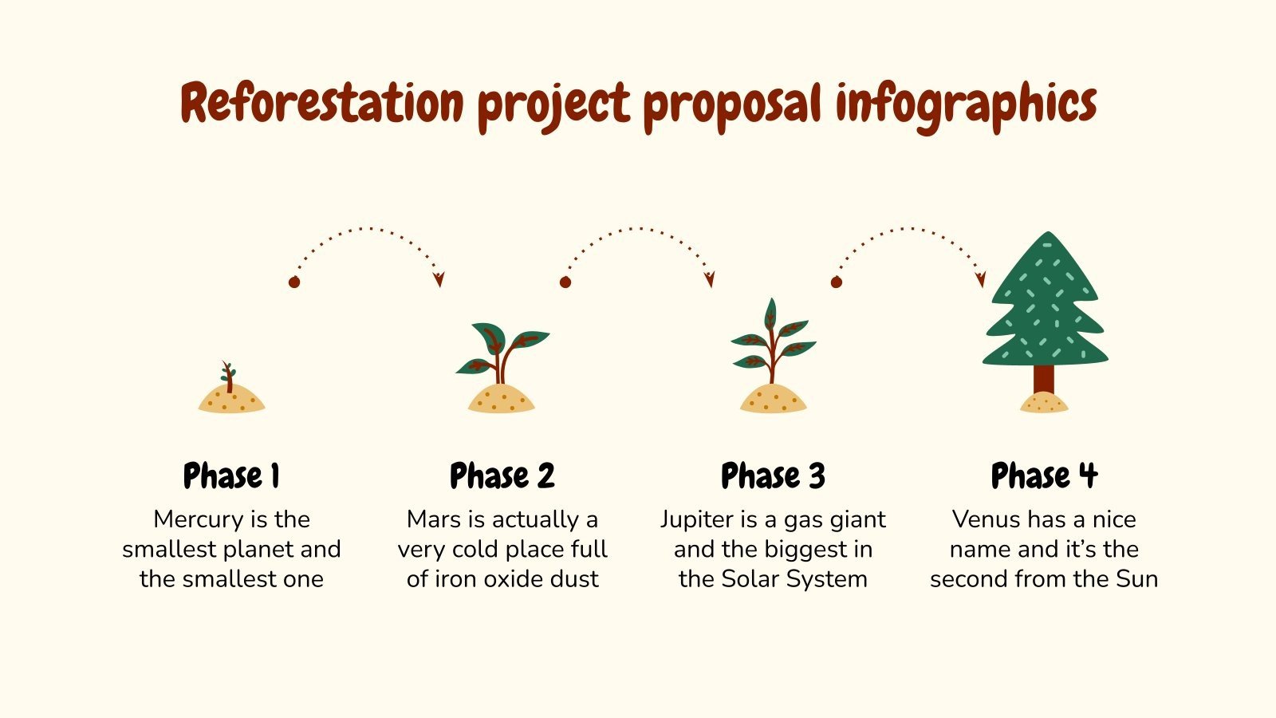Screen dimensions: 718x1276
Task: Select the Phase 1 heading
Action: click(x=231, y=476)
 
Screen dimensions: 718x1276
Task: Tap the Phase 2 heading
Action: click(x=502, y=476)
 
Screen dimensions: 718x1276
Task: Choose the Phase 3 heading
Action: click(x=773, y=476)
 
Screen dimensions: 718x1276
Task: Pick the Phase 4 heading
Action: click(x=1044, y=476)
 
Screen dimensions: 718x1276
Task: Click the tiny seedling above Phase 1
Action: click(x=229, y=376)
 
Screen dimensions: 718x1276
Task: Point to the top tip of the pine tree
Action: click(x=1048, y=235)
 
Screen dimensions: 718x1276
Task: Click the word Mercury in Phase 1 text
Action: click(x=199, y=520)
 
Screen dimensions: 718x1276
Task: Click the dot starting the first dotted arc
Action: click(x=294, y=282)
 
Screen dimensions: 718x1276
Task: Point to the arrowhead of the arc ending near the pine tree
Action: click(x=981, y=279)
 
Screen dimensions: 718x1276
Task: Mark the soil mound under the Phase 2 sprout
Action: click(x=502, y=399)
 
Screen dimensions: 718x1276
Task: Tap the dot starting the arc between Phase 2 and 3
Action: click(x=565, y=282)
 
